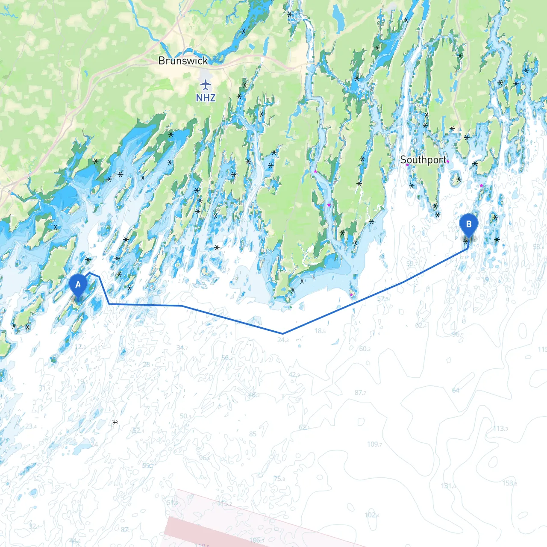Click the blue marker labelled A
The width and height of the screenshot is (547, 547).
pyautogui.click(x=78, y=285)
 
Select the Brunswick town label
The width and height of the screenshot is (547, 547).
pyautogui.click(x=183, y=61)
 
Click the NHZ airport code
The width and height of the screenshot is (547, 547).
pyautogui.click(x=206, y=98)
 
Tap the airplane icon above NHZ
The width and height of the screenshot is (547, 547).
pyautogui.click(x=206, y=84)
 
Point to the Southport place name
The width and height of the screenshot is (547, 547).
pyautogui.click(x=423, y=160)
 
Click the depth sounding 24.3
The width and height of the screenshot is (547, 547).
pyautogui.click(x=283, y=340)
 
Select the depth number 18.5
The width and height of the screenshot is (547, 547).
pyautogui.click(x=320, y=331)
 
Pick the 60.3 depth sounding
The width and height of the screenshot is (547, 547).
pyautogui.click(x=365, y=349)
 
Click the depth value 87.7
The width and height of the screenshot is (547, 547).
pyautogui.click(x=360, y=392)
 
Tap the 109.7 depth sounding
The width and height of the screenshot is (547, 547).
pyautogui.click(x=374, y=444)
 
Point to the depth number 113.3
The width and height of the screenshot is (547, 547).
pyautogui.click(x=500, y=428)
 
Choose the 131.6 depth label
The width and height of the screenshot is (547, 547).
pyautogui.click(x=448, y=486)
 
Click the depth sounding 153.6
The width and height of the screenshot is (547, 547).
pyautogui.click(x=509, y=483)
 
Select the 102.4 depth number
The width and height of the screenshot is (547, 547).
pyautogui.click(x=372, y=515)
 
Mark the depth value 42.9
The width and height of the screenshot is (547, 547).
pyautogui.click(x=294, y=375)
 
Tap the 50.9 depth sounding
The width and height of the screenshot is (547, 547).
pyautogui.click(x=185, y=416)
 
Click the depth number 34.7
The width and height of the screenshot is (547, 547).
pyautogui.click(x=182, y=348)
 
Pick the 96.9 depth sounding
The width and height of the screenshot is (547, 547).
pyautogui.click(x=458, y=334)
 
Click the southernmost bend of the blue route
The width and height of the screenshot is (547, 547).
pyautogui.click(x=283, y=333)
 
